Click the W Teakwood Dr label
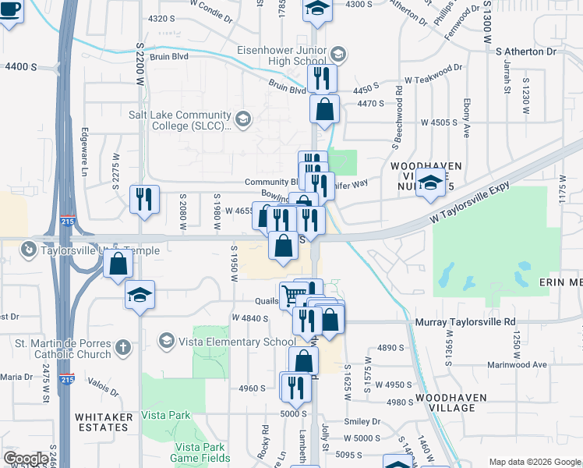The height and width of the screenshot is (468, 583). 434,80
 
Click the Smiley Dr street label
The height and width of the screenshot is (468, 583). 365,421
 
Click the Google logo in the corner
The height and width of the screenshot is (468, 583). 26,459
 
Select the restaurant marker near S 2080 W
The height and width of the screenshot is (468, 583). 144,199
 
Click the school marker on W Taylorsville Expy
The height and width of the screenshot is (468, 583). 430,183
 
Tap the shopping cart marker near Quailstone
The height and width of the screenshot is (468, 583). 293,295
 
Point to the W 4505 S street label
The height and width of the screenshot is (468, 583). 438,122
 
